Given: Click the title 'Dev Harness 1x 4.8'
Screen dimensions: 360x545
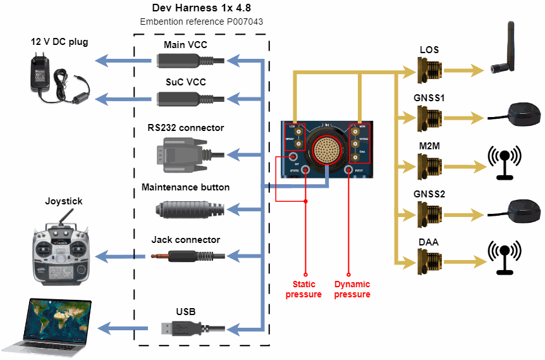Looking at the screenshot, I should coord(201,8).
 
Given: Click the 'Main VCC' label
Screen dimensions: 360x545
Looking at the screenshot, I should coord(185,45).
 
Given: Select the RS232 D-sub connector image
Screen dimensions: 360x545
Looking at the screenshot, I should coord(188,153).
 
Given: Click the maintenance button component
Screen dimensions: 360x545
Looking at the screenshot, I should coord(188,208).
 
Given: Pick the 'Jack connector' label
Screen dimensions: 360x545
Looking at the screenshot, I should coord(186,240).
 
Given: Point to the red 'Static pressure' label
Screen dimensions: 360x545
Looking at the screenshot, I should coord(303,289).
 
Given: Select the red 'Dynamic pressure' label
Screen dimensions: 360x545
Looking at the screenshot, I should coord(352,289).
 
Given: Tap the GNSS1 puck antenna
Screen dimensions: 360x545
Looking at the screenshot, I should coord(518,115).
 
